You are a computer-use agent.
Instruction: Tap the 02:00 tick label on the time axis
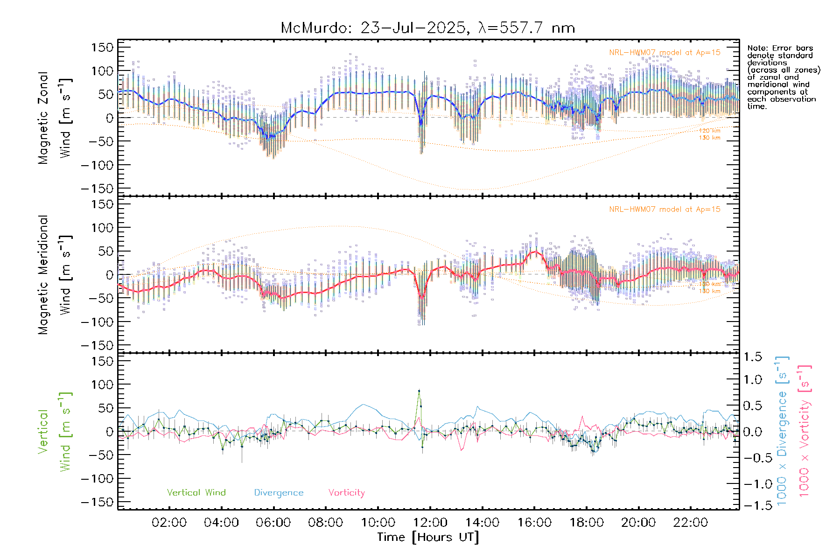[169, 523]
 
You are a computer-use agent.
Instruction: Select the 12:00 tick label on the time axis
[430, 523]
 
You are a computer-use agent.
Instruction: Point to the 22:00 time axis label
[690, 523]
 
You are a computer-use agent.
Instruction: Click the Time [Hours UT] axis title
[427, 537]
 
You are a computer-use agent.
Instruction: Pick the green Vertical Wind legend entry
[196, 492]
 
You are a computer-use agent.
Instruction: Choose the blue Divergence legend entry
[279, 492]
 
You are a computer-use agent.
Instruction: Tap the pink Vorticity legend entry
[346, 492]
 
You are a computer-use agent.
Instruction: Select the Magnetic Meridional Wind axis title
[55, 274]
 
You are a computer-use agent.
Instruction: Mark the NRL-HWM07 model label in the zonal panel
[665, 52]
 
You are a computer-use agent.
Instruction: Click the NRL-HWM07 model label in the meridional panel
[665, 209]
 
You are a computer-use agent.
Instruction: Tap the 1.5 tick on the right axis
[752, 357]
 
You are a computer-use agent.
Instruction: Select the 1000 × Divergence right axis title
[782, 431]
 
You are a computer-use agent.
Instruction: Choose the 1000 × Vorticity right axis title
[805, 431]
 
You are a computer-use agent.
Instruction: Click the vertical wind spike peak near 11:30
[419, 391]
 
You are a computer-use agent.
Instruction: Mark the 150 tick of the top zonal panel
[103, 47]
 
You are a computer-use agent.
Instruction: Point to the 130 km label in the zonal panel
[709, 138]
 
